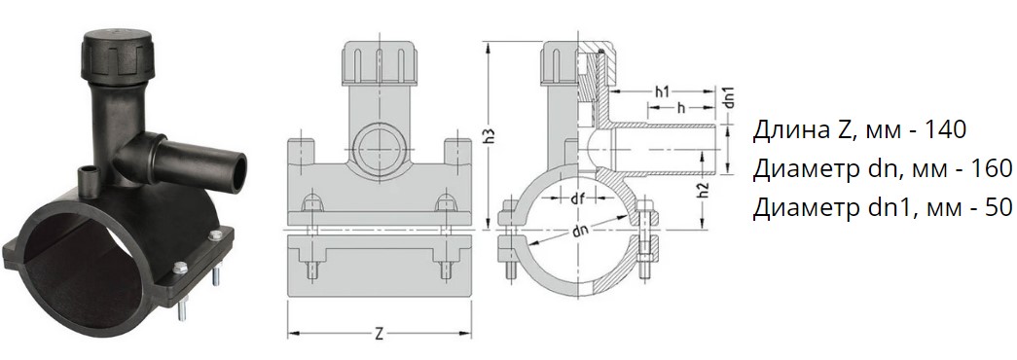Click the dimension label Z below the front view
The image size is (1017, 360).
pyautogui.click(x=380, y=335)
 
